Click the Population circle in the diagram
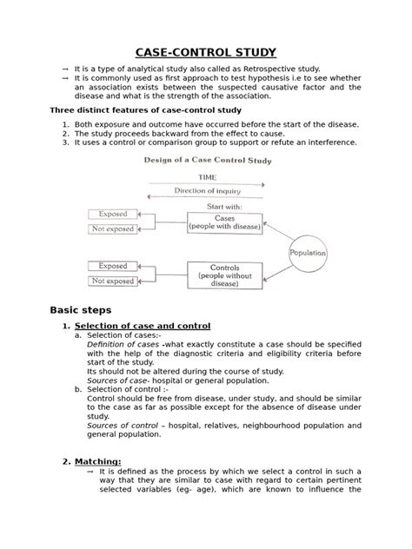(x=308, y=252)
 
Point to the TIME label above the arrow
(x=206, y=176)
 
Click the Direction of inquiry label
(x=206, y=190)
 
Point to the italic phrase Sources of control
(x=123, y=426)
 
